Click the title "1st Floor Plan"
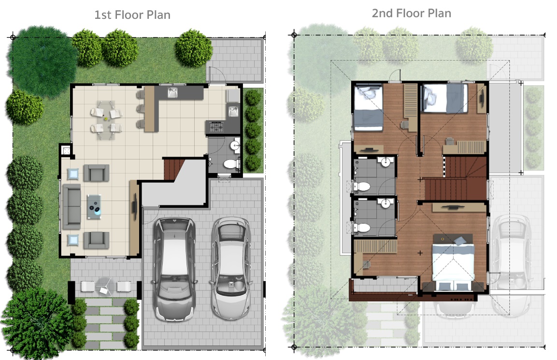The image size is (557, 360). (132, 15)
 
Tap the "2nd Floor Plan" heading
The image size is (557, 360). (412, 13)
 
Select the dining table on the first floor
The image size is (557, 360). (106, 120)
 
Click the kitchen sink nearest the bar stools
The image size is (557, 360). (173, 92)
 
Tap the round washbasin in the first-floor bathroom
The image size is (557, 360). (234, 146)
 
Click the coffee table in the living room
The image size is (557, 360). (94, 206)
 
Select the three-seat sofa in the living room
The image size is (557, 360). (71, 206)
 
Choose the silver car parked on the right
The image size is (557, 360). (231, 268)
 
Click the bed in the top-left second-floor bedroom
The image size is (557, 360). (369, 108)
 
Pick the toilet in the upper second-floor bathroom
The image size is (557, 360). (362, 186)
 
